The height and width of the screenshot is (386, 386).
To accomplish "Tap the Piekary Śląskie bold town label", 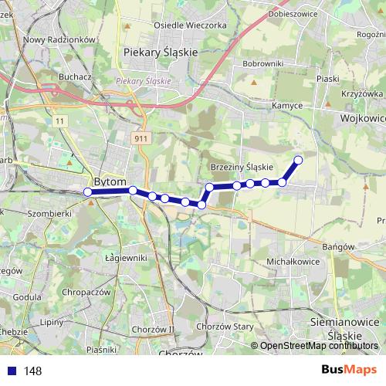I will click(161, 52).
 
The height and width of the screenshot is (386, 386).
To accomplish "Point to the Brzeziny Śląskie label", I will click(242, 167).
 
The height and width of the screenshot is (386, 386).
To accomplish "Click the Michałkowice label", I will click(293, 262).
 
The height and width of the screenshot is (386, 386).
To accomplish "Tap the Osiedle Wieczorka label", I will click(190, 25).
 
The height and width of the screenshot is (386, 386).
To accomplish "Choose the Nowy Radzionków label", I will click(59, 39).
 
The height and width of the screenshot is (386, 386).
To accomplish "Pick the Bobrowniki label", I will click(263, 63).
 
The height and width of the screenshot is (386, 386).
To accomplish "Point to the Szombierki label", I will click(49, 212).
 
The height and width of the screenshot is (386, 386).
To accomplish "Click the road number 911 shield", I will click(140, 137).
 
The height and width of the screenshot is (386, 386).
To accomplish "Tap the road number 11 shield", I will click(60, 121).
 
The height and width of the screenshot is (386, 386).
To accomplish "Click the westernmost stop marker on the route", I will click(88, 191).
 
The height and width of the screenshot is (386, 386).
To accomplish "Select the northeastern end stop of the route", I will click(298, 160).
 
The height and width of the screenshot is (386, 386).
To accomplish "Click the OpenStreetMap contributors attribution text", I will click(320, 346).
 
